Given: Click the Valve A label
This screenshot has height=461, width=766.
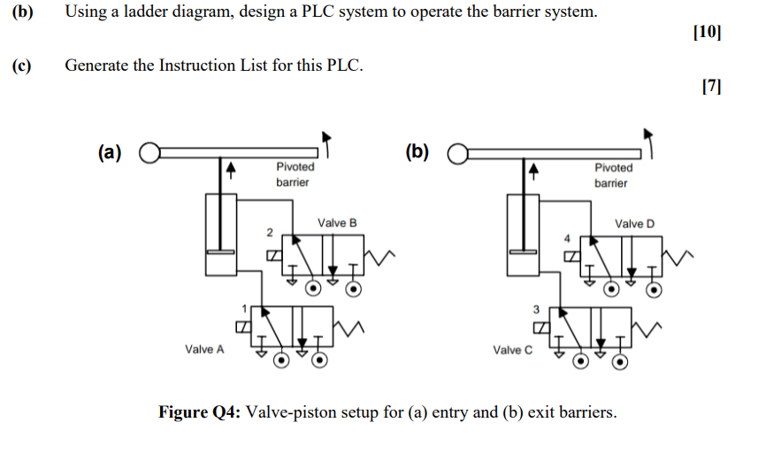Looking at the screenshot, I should [204, 350].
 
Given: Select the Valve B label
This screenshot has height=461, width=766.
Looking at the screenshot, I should [337, 223].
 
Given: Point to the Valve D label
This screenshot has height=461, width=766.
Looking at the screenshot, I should [635, 224].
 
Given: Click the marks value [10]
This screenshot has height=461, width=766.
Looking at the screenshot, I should [708, 34].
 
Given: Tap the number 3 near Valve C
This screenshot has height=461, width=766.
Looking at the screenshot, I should [535, 309].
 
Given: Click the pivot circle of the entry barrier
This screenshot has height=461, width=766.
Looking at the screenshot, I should [148, 152].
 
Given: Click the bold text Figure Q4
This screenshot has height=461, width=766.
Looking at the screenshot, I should [198, 412].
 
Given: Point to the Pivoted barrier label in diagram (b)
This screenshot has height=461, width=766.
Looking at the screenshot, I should [613, 175].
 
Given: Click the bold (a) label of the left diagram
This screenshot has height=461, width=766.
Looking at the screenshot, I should [110, 152].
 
